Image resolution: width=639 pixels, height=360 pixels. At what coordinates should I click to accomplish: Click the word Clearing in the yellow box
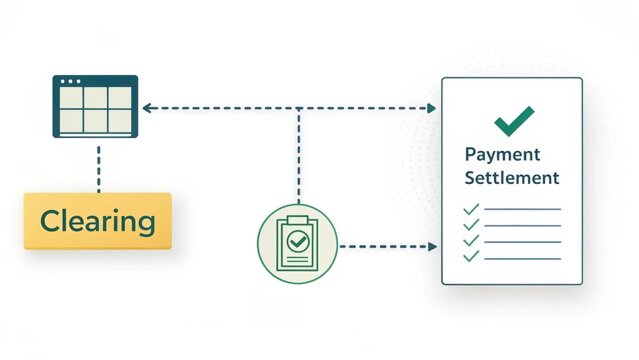click(97, 221)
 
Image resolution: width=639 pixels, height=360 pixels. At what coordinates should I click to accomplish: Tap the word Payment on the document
click(502, 155)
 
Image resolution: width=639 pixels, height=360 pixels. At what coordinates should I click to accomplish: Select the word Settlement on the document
click(511, 178)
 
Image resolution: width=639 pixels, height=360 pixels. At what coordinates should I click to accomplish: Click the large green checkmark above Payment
click(514, 120)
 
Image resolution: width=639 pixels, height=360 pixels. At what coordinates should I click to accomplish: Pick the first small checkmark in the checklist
click(471, 209)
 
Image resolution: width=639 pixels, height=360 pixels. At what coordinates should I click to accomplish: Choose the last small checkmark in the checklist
click(471, 257)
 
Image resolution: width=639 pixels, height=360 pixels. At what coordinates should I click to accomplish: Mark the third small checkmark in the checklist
click(471, 241)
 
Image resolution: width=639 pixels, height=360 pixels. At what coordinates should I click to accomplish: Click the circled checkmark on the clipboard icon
click(297, 241)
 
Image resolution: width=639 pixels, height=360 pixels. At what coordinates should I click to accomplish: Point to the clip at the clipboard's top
click(297, 219)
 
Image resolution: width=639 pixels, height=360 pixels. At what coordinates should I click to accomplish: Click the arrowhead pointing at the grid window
click(146, 107)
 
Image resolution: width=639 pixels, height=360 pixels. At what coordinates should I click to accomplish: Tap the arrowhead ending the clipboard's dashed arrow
click(434, 245)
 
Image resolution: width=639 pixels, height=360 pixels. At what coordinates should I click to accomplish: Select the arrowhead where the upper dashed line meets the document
click(434, 107)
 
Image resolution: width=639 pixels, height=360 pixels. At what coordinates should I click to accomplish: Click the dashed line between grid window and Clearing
click(98, 166)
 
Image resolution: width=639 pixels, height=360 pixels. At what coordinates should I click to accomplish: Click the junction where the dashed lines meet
click(298, 107)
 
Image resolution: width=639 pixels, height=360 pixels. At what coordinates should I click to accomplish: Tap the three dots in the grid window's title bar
click(71, 81)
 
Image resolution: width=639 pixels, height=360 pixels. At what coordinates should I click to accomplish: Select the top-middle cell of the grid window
click(95, 98)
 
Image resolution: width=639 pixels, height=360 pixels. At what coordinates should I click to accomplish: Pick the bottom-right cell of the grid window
click(120, 120)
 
